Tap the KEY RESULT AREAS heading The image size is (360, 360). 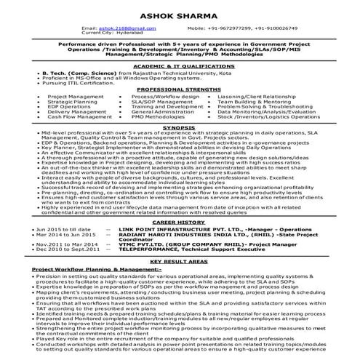(x=179, y=260)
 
